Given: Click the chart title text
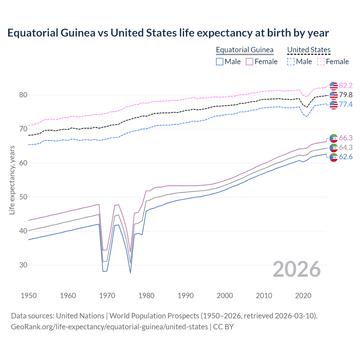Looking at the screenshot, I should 168,33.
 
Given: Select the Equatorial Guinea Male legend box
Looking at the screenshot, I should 220,62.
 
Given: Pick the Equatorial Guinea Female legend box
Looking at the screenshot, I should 249,62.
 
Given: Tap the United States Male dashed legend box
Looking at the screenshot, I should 291,62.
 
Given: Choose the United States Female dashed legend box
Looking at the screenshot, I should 321,62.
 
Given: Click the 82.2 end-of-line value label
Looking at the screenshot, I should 346,85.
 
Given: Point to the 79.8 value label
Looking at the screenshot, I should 346,95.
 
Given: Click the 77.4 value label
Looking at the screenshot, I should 346,105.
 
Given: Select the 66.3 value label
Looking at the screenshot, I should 346,138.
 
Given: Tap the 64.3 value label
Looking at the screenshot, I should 346,147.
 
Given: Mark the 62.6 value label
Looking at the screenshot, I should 346,157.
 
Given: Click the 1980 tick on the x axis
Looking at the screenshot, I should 146,296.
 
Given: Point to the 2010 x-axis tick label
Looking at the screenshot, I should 264,296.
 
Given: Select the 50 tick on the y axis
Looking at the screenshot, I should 23,197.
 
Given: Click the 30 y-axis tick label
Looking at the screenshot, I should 23,265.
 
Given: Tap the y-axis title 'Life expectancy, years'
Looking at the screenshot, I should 12,180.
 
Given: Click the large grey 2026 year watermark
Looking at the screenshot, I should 296,269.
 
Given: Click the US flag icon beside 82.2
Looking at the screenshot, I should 334,85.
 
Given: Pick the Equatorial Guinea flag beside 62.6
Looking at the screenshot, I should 334,157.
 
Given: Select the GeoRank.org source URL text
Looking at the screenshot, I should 109,327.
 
